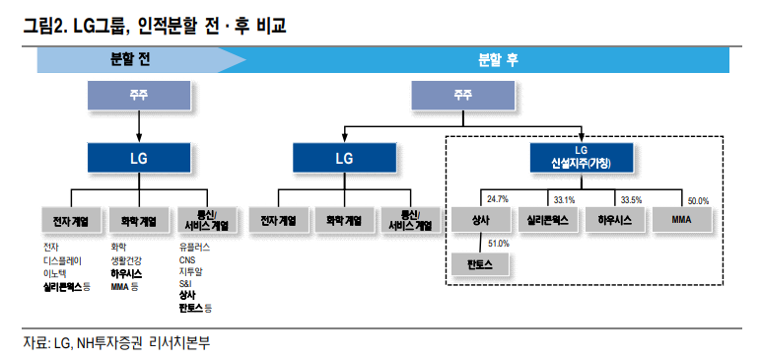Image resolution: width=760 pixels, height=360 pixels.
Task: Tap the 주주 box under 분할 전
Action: coord(138,95)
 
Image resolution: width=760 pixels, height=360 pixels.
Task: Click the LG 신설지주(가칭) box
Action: coord(582,156)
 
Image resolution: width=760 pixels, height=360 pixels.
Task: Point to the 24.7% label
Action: coord(497,199)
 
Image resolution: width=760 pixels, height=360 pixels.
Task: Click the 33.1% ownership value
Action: coord(564,199)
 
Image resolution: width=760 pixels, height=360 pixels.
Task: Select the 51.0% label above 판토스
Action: coord(498,244)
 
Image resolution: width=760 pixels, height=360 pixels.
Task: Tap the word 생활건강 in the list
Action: coord(126,260)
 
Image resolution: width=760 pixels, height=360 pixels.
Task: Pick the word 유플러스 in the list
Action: coord(194,248)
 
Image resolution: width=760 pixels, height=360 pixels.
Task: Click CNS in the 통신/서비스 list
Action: coord(187,260)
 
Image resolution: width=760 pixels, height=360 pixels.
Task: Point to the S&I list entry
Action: coord(185,284)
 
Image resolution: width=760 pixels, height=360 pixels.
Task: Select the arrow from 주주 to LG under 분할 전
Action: coord(138,126)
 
